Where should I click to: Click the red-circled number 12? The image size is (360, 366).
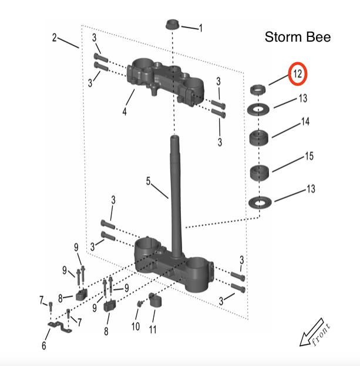tap(298, 74)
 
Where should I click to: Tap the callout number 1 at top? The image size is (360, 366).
tap(201, 28)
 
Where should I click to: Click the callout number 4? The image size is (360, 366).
tap(124, 110)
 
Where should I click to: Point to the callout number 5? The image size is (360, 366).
tap(149, 182)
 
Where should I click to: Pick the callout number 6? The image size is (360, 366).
tap(43, 345)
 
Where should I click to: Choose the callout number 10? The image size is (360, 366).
tap(136, 326)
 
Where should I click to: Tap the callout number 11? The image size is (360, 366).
tap(153, 330)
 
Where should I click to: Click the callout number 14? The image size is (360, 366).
tap(305, 122)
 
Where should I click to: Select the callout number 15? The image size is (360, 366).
tap(308, 157)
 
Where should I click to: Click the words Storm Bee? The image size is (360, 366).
tap(298, 38)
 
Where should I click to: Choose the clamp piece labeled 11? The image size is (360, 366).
tap(154, 301)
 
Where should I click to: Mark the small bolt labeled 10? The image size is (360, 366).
tap(140, 303)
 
